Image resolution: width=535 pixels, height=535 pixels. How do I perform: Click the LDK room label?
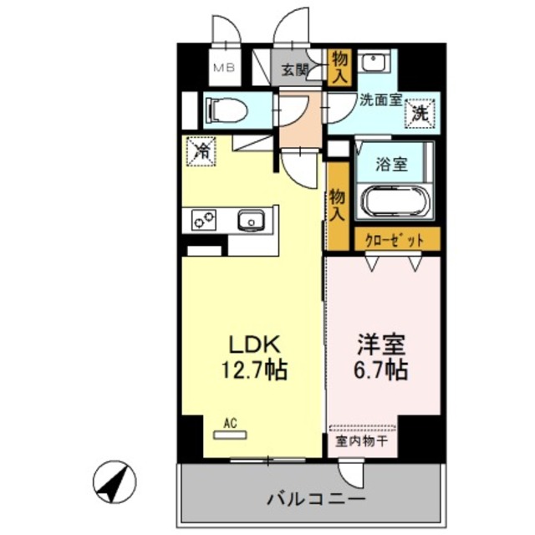coord(247,344)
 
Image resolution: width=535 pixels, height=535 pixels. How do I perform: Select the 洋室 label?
coord(381,344)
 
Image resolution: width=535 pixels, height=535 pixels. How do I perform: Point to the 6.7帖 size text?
coord(381,369)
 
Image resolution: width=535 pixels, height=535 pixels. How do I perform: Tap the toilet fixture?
coord(221,109)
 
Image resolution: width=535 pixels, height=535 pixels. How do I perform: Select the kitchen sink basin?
coord(249,222)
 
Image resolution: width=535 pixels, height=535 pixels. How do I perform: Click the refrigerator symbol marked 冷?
coord(201,150)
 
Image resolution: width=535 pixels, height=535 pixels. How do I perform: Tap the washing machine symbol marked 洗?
coord(420,114)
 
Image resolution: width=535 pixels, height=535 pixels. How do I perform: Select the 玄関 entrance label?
coord(293,70)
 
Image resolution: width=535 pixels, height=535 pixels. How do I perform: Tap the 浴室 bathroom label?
coord(392,165)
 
